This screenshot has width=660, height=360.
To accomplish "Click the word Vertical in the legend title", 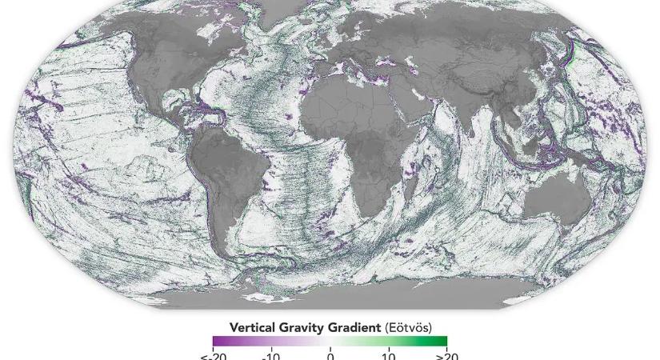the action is (252, 327).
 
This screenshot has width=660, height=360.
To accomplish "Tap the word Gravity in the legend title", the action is (302, 327).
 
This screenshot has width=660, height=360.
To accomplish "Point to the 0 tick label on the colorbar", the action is (330, 354).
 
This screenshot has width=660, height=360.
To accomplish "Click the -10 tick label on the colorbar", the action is (270, 354).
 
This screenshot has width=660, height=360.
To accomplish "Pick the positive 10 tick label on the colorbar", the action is (388, 354).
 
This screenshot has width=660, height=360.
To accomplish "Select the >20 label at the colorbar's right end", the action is (446, 354).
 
